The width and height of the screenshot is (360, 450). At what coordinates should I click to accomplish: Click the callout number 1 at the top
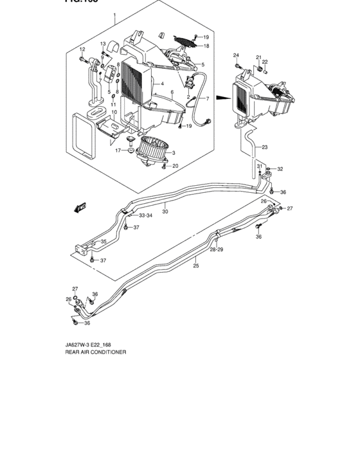[x=114, y=14]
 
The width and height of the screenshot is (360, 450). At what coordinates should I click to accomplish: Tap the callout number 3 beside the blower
[x=173, y=153]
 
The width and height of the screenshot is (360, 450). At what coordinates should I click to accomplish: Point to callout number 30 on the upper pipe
[x=165, y=212]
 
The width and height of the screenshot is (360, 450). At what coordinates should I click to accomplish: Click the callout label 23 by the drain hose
[x=264, y=147]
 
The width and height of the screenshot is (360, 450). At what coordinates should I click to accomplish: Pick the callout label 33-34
[x=146, y=215]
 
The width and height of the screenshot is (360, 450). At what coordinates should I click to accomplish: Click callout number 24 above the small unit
[x=236, y=55]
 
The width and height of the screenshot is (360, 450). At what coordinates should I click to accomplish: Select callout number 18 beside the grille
[x=206, y=46]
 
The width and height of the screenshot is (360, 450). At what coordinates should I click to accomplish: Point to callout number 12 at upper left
[x=82, y=50]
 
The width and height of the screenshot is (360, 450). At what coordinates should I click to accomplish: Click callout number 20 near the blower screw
[x=175, y=165]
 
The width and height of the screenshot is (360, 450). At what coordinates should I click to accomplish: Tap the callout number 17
[x=118, y=150]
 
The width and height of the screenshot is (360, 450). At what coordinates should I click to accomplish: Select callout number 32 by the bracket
[x=280, y=169]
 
